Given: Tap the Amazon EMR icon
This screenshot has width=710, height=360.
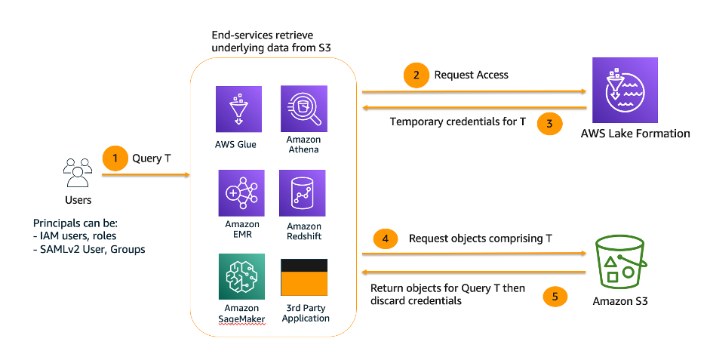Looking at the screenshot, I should [241, 193].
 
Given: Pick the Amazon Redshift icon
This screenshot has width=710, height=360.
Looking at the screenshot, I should [303, 193].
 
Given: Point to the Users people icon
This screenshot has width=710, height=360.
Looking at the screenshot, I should [78, 173].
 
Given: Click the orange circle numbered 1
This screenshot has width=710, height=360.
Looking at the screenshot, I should [115, 159].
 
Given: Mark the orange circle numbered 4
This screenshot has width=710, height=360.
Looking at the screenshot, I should [386, 238].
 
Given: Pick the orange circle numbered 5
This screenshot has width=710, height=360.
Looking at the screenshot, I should [555, 296].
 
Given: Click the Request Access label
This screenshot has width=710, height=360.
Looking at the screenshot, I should [471, 75].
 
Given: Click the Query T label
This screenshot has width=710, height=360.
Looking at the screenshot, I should [152, 159].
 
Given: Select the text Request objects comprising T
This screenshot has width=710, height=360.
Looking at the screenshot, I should [480, 238].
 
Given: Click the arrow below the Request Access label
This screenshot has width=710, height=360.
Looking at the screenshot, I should [475, 91].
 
